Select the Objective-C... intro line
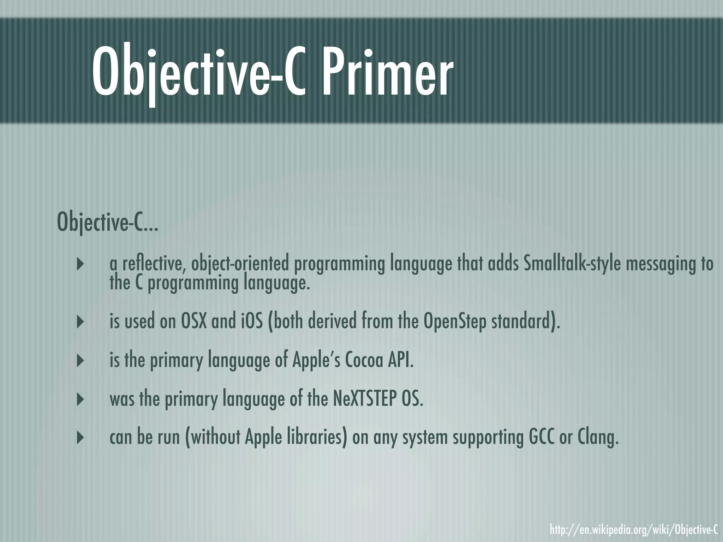pyautogui.click(x=107, y=222)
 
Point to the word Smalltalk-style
pyautogui.click(x=572, y=264)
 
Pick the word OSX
pyautogui.click(x=193, y=321)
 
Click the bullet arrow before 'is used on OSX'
pyautogui.click(x=80, y=322)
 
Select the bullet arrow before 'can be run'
pyautogui.click(x=80, y=438)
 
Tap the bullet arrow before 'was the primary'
pyautogui.click(x=80, y=399)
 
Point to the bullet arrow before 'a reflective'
pyautogui.click(x=80, y=264)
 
